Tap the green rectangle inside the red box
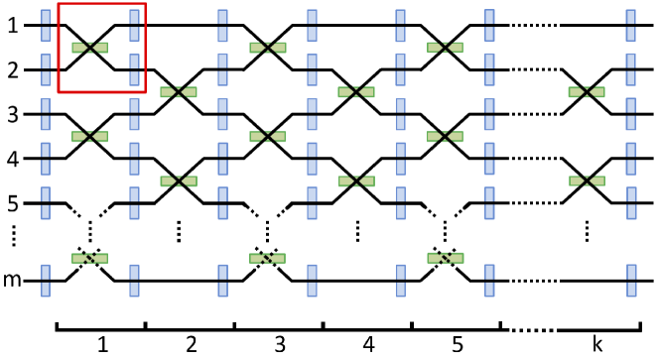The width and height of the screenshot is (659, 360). point(90,47)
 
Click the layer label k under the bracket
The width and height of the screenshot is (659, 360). point(596,345)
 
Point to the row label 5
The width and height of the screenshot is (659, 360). point(13,203)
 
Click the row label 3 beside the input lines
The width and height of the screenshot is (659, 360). point(13,114)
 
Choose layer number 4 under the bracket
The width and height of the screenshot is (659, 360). point(368,345)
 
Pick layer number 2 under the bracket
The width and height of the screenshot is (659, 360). point(191,345)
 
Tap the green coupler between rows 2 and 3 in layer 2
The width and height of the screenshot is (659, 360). point(179,92)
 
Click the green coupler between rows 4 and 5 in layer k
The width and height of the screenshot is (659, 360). point(587,180)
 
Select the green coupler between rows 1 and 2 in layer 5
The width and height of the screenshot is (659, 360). point(446,47)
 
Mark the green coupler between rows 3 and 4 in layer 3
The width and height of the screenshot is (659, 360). point(268,136)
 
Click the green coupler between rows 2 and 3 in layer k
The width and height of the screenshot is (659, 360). point(587,92)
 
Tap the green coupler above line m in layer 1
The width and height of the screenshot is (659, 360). point(90,258)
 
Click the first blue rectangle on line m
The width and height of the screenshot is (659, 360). point(46,280)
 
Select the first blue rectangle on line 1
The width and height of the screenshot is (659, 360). point(46,25)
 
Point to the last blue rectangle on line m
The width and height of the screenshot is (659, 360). point(631,280)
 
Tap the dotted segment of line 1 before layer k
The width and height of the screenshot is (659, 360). point(529,25)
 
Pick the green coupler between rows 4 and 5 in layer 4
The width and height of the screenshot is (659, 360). point(356,180)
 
